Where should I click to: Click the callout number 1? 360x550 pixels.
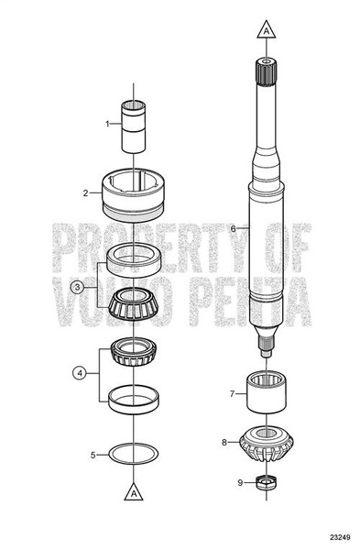coord(106,123)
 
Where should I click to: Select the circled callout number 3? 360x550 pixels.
coord(79,286)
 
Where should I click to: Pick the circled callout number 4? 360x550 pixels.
coord(79,373)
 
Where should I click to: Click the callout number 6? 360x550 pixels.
coord(234,228)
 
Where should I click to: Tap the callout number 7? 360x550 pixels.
coord(233,394)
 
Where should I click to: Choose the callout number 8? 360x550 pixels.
coord(224,442)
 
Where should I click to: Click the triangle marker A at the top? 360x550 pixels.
coord(265,30)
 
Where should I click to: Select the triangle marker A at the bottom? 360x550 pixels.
coord(134,490)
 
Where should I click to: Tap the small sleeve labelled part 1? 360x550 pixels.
coord(134,126)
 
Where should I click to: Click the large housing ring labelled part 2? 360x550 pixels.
coord(134,193)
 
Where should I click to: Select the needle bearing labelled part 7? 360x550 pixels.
coord(265,393)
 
